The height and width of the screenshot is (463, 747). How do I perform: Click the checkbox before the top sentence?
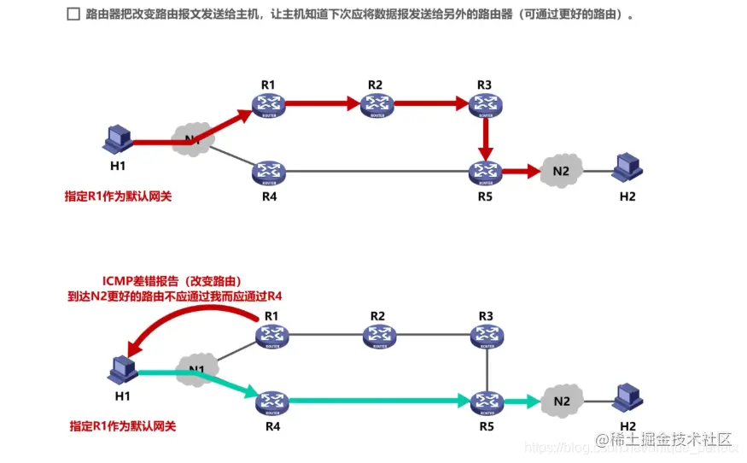click(73, 15)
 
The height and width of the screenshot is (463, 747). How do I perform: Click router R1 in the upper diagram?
click(267, 105)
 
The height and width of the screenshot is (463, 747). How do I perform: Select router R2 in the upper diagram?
click(376, 105)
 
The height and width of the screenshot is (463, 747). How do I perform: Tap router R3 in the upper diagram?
click(485, 105)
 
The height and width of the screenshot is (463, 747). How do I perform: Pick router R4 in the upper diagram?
click(267, 172)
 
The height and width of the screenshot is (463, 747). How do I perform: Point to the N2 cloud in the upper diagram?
click(560, 171)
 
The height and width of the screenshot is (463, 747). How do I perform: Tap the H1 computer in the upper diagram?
click(118, 139)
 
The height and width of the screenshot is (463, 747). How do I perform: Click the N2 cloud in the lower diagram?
click(561, 399)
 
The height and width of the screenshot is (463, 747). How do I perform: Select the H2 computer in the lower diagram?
click(628, 399)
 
